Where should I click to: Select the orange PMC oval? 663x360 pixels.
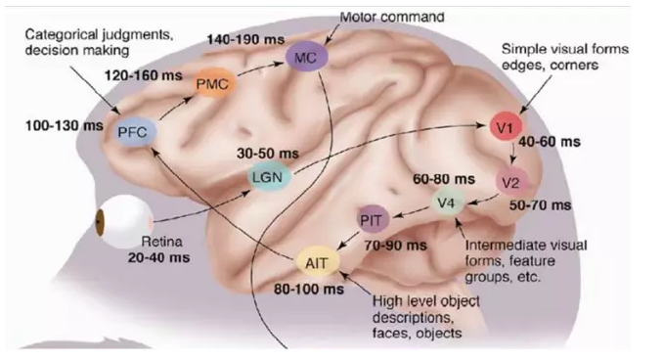click(x=211, y=85)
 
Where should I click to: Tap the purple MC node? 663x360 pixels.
click(x=305, y=60)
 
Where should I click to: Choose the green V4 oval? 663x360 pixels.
click(x=448, y=203)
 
